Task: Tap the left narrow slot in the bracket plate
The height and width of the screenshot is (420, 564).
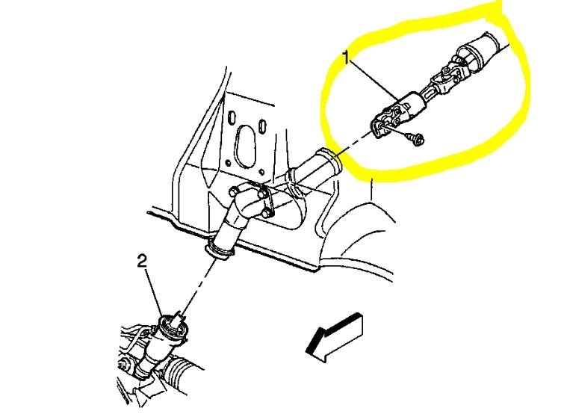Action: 233,120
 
